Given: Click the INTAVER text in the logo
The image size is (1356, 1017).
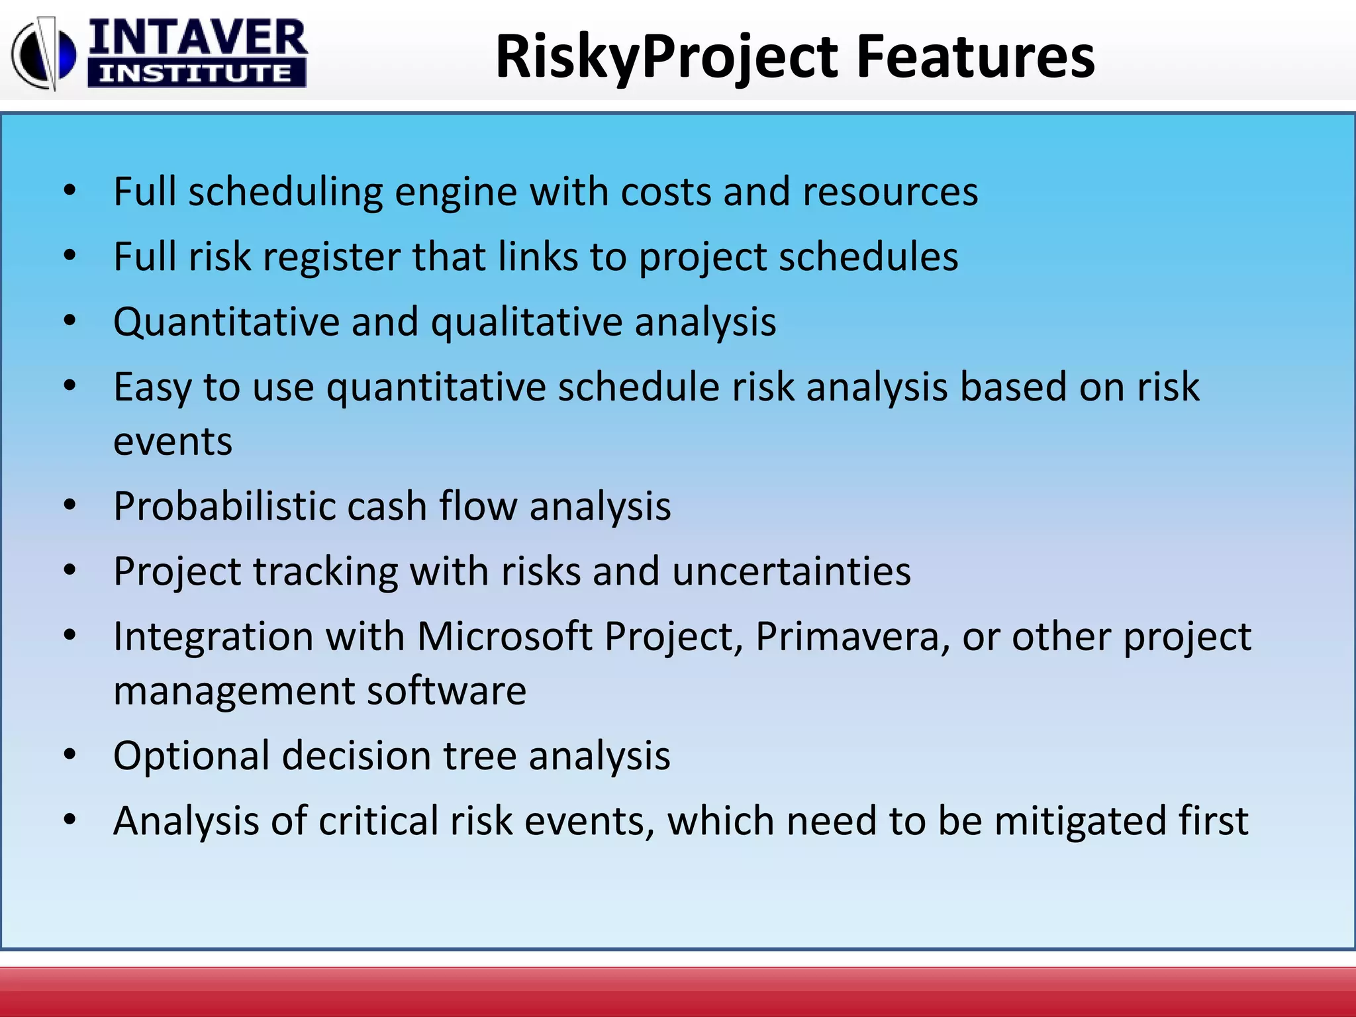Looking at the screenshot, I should coord(197,38).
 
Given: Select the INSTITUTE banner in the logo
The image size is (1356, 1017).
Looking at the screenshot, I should coord(196,73).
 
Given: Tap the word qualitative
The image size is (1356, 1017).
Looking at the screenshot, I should coord(526,323).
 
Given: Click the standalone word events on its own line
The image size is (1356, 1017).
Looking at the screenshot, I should coord(173,442).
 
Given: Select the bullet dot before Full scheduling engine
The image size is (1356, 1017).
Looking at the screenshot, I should coord(70,191).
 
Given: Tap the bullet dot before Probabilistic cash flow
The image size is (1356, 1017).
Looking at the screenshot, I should coord(70,506).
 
